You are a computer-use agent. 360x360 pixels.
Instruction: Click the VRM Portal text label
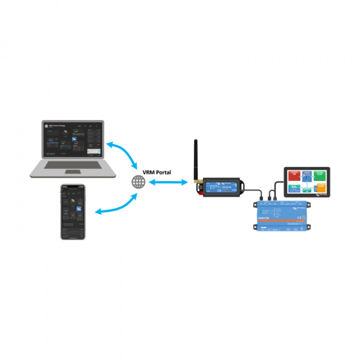tap(156, 172)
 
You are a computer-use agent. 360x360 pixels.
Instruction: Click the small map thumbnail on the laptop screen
tap(93, 151)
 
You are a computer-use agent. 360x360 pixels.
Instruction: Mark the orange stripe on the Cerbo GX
tap(280, 220)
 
